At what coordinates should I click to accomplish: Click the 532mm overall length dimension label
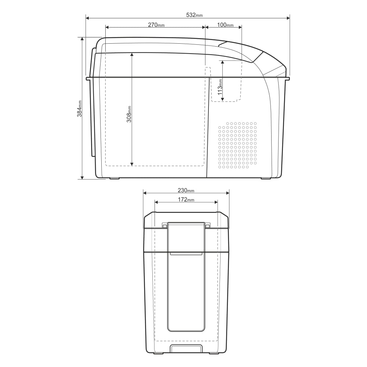(194, 15)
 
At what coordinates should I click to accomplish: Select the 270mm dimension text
(156, 25)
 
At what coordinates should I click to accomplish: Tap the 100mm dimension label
(225, 25)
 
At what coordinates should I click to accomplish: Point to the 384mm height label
(80, 109)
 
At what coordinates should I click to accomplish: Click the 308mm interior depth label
(129, 114)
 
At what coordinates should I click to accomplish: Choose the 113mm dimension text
(220, 87)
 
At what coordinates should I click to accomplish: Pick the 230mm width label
(186, 190)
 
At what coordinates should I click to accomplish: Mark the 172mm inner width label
(186, 200)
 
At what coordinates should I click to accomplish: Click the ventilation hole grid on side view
(237, 145)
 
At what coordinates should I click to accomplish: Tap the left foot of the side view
(115, 178)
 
